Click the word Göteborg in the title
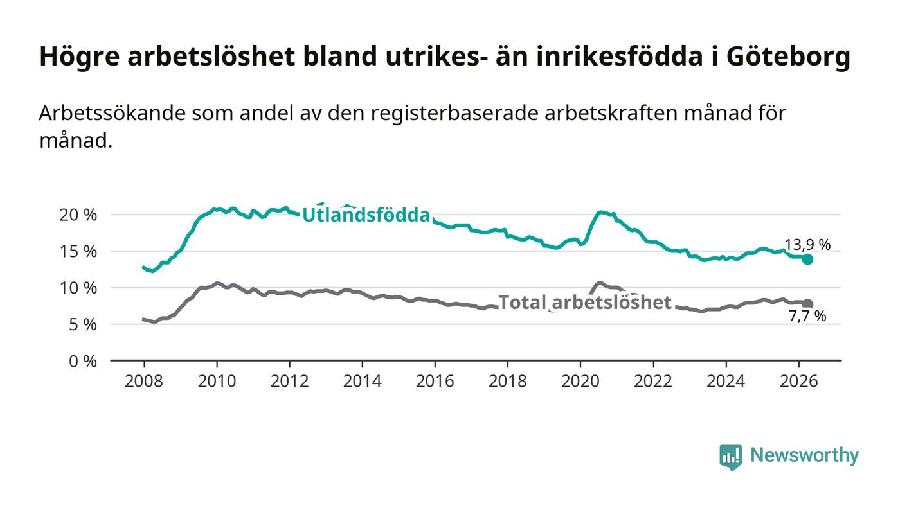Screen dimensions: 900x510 [788, 57]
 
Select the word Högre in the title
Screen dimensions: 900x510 [80, 57]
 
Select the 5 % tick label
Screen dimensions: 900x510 [82, 324]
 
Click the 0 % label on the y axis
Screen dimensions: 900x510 [82, 362]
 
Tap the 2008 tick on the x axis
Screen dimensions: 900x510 [144, 381]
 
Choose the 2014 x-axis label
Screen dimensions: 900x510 [362, 381]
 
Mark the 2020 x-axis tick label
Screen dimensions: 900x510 [580, 381]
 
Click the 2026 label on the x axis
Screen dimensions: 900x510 [798, 381]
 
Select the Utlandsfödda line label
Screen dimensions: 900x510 [366, 215]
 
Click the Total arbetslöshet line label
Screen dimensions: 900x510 [585, 303]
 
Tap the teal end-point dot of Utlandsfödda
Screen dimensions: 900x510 [807, 259]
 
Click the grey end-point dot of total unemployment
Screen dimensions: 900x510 [807, 304]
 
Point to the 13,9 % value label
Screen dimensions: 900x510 [807, 245]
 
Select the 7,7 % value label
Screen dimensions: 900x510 [807, 317]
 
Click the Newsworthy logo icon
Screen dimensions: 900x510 [731, 457]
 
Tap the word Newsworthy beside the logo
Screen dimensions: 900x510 [804, 455]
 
